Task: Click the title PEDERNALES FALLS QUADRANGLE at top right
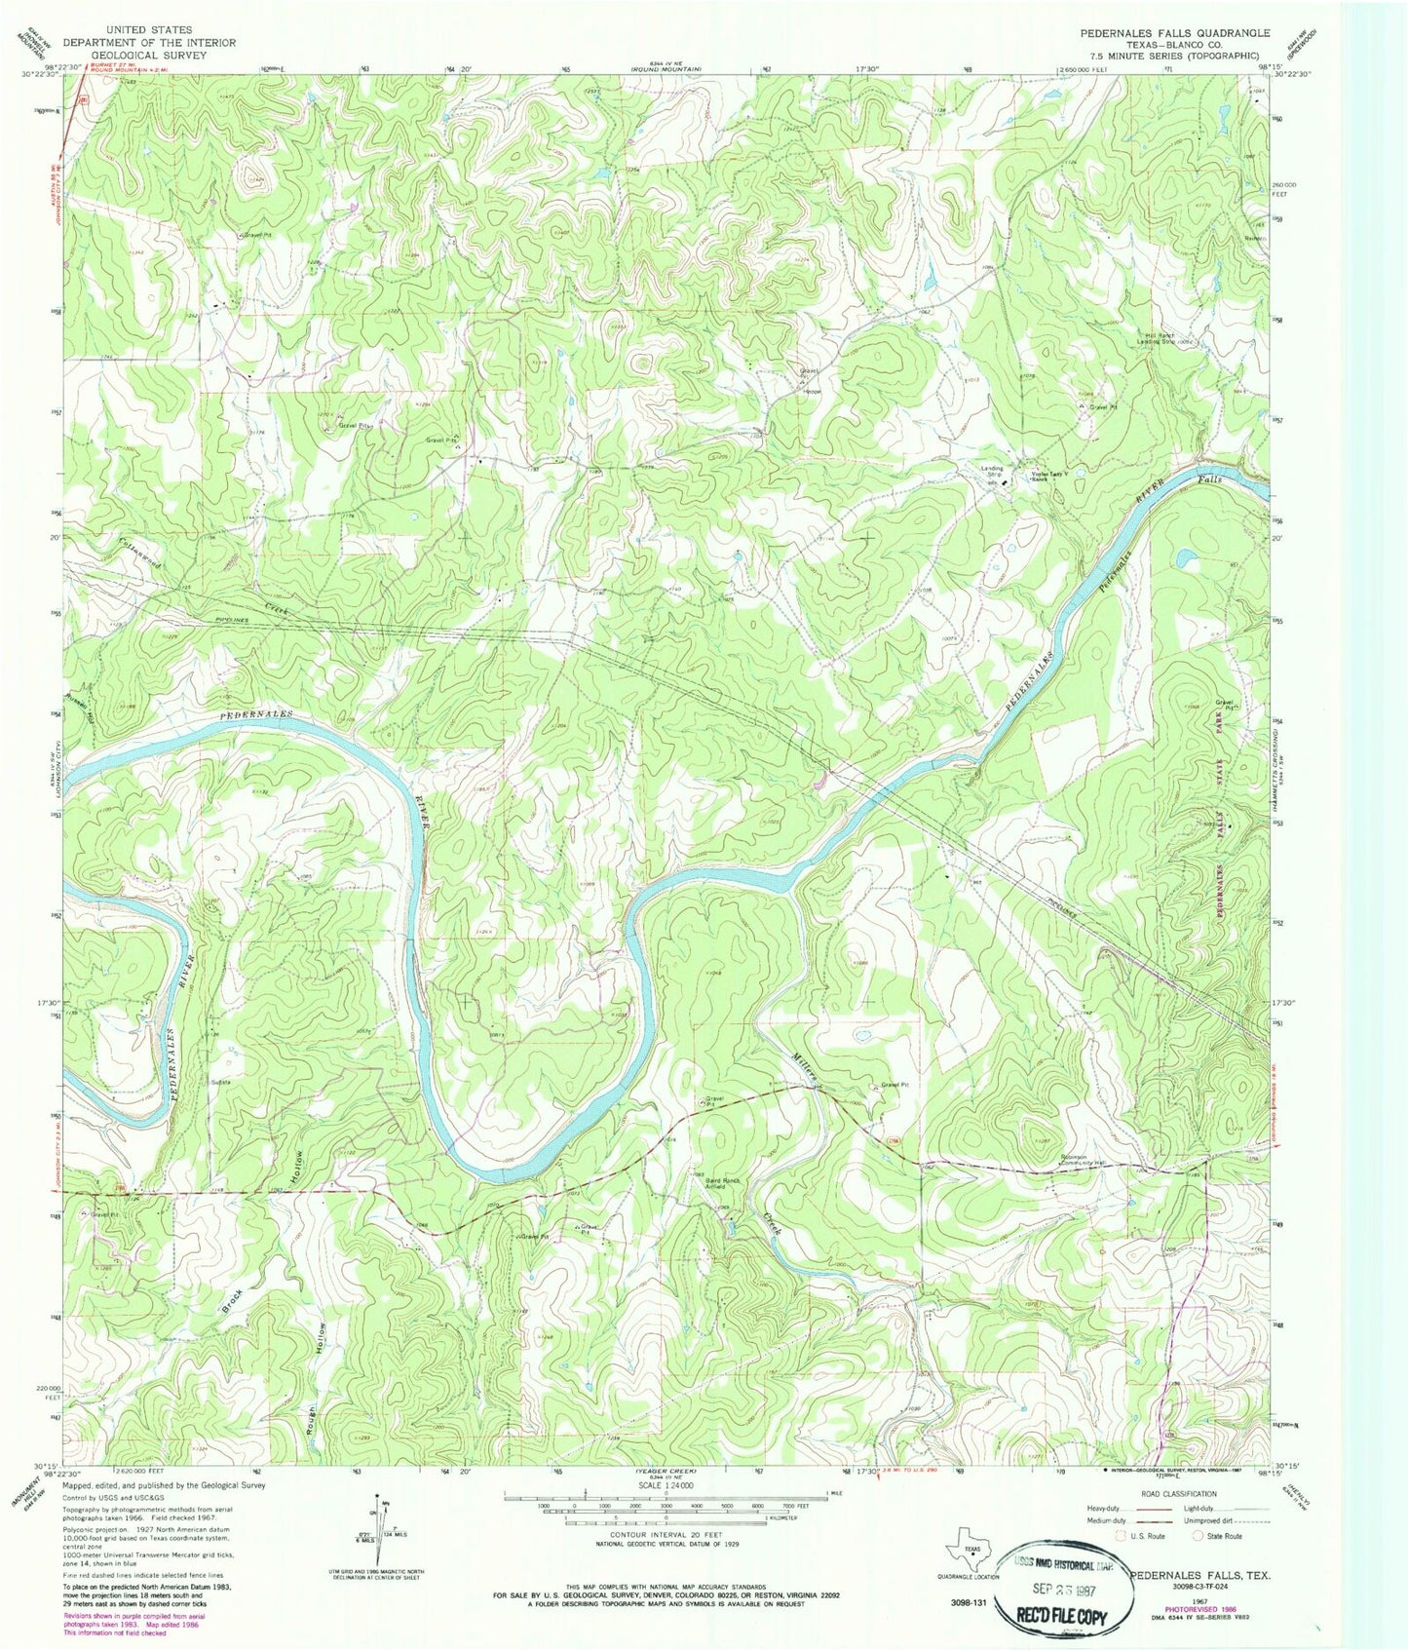tap(1174, 32)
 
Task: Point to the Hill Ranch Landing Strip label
tap(1169, 339)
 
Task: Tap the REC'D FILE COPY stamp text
tap(1071, 1615)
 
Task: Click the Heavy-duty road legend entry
tap(1121, 1508)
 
